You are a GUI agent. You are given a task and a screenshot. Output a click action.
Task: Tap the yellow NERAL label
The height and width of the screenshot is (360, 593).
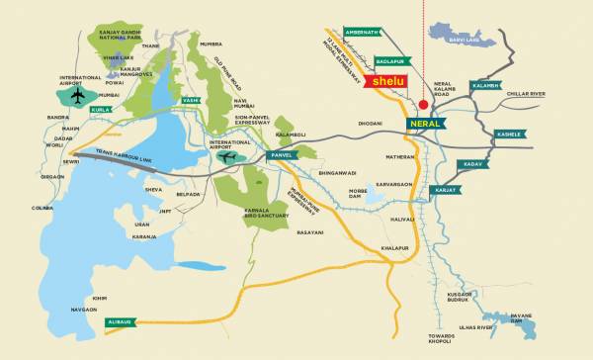coord(426,124)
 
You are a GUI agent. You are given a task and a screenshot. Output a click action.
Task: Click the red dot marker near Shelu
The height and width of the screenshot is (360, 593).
coord(422,103)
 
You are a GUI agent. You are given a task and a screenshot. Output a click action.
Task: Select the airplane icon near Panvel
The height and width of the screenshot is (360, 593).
coord(227,158)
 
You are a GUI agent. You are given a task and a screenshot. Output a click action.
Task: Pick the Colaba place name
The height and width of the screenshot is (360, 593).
coord(42,208)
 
